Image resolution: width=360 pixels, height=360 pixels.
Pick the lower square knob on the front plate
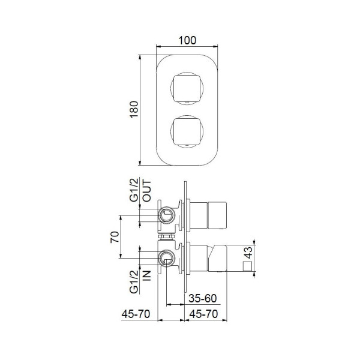(x=188, y=131)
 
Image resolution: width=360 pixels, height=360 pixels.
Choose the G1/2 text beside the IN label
(x=135, y=280)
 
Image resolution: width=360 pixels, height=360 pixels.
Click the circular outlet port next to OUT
(x=167, y=216)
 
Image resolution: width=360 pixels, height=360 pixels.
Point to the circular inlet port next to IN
(x=167, y=259)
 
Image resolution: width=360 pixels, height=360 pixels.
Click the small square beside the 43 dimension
(x=247, y=266)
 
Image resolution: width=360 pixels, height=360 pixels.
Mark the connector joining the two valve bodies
(x=167, y=238)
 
